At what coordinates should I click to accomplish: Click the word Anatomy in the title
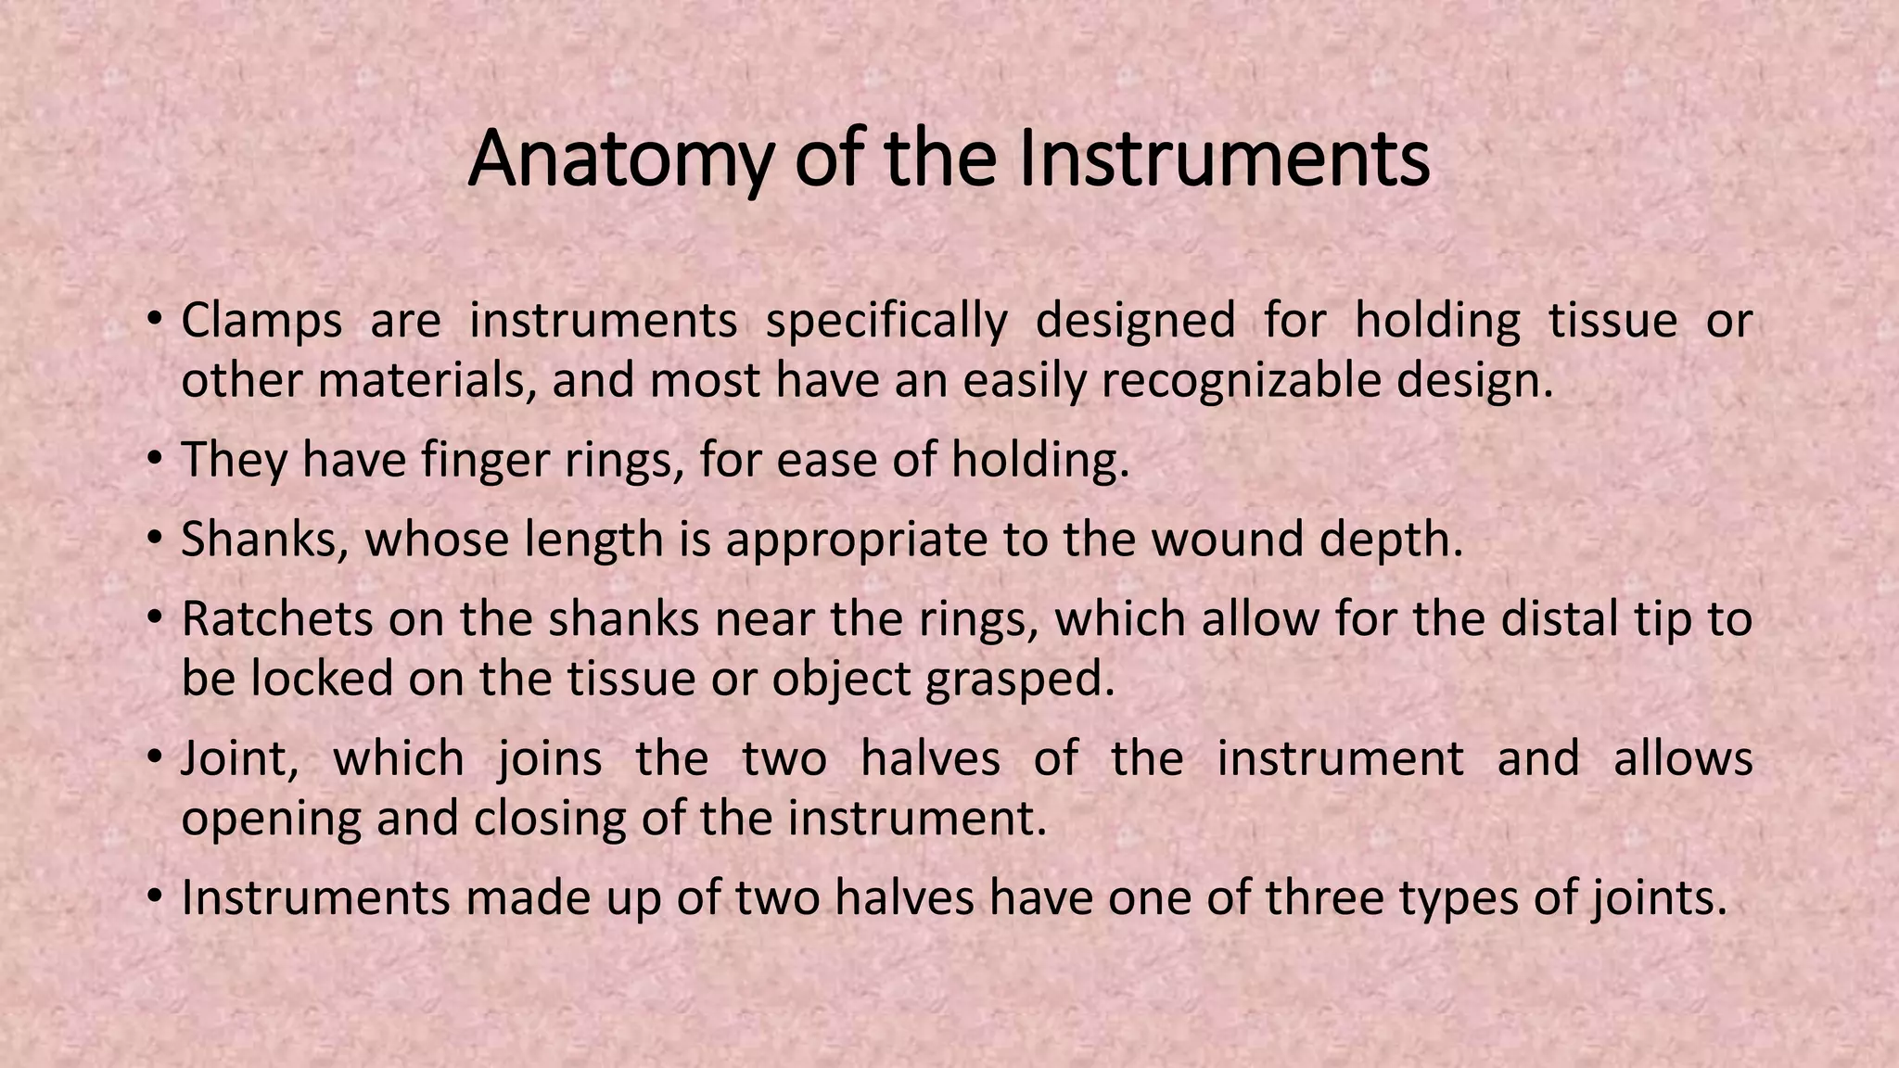[x=618, y=159]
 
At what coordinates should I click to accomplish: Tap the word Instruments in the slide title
[x=1224, y=159]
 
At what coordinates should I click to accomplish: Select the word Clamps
[x=261, y=321]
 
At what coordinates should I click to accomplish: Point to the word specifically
[x=886, y=321]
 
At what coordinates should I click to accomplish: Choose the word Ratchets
[x=276, y=619]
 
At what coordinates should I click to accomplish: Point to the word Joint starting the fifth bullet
[x=239, y=758]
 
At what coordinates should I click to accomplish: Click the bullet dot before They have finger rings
[x=155, y=457]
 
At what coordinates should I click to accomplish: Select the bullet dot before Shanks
[x=155, y=537]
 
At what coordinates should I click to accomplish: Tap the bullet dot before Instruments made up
[x=155, y=895]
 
